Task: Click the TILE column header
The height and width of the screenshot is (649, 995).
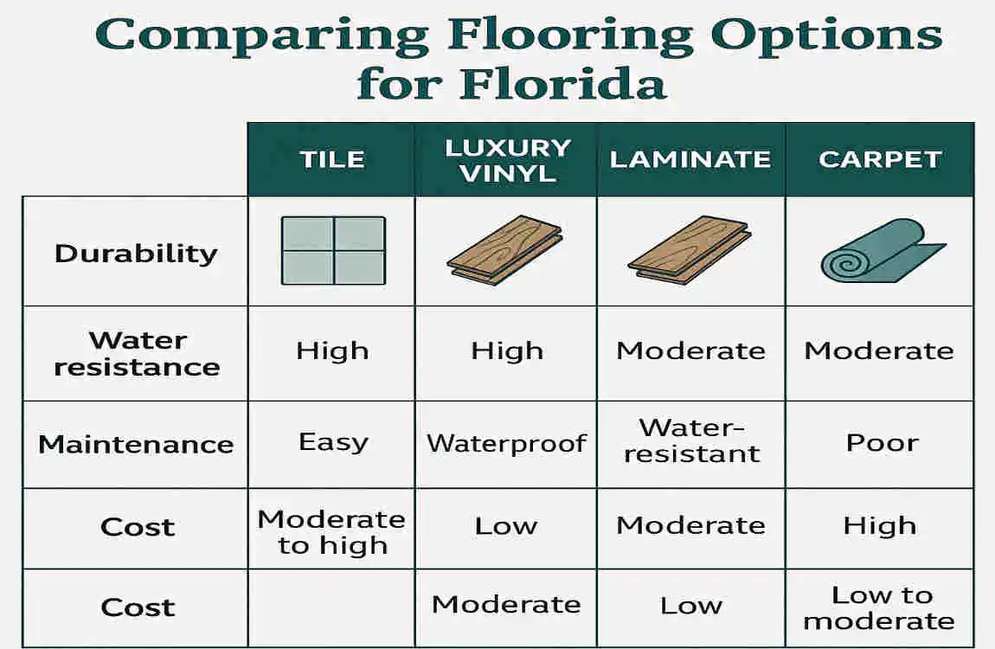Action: [x=332, y=159]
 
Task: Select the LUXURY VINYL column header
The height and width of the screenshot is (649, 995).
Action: [x=507, y=159]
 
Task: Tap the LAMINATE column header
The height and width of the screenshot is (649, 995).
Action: [x=690, y=159]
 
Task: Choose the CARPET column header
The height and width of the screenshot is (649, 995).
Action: [x=880, y=159]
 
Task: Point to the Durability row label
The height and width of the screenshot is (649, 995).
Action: [x=136, y=253]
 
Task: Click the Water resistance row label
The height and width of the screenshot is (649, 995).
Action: [x=137, y=353]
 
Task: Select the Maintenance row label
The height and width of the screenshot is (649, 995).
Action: [x=136, y=445]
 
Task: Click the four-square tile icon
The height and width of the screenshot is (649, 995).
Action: [x=333, y=250]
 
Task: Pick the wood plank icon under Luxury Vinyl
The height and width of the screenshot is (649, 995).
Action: [x=505, y=251]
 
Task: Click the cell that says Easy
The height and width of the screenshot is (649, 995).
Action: [x=333, y=442]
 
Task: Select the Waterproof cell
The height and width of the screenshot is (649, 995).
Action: [x=506, y=444]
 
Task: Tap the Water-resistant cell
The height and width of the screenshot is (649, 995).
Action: [x=691, y=440]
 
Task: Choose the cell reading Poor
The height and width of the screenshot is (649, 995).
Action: [x=882, y=442]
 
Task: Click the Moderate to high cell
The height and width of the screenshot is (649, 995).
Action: [x=331, y=531]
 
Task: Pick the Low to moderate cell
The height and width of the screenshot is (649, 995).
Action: [x=880, y=607]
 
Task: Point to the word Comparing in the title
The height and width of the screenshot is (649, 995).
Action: [x=266, y=35]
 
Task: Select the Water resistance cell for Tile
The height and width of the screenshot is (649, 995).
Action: [x=332, y=350]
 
